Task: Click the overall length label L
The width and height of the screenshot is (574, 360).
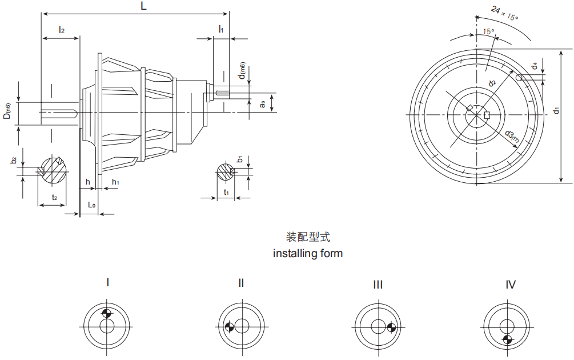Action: click(143, 6)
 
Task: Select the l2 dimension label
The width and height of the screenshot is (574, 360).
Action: click(61, 29)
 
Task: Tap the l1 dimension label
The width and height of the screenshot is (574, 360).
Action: click(221, 29)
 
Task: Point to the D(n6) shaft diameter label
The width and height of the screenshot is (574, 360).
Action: click(7, 111)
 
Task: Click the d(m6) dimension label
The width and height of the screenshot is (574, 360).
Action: click(242, 70)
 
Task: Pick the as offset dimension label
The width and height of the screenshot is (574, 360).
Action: click(262, 103)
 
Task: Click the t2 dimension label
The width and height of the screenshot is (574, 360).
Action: click(54, 197)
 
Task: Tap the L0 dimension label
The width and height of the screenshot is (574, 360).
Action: click(91, 204)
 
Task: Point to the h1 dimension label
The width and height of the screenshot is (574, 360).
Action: click(115, 182)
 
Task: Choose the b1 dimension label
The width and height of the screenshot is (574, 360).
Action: click(240, 159)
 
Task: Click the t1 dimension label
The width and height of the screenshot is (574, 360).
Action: click(227, 193)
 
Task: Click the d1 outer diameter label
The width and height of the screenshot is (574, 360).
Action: click(556, 109)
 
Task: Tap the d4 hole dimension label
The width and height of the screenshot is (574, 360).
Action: click(534, 66)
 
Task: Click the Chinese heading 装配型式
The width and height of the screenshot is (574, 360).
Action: click(308, 237)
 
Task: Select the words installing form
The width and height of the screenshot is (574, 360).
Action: click(308, 253)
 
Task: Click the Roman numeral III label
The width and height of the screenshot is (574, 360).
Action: click(378, 285)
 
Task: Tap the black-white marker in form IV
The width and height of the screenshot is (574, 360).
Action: click(507, 340)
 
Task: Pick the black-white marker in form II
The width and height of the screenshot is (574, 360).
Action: click(229, 327)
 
